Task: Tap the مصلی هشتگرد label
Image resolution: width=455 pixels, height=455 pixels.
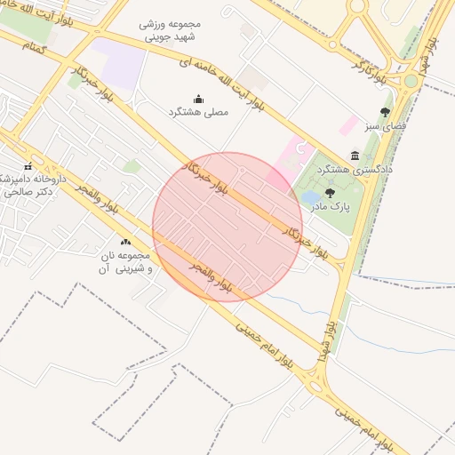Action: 198,113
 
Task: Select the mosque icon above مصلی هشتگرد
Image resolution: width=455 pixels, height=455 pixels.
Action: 198,99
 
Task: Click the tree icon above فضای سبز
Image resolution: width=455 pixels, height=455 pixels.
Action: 385,112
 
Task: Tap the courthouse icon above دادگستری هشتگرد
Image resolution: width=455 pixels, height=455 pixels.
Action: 355,155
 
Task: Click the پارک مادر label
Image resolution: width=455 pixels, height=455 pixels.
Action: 330,206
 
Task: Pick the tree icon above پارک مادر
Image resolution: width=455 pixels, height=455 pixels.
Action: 330,192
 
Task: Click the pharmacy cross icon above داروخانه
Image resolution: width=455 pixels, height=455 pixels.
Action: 28,166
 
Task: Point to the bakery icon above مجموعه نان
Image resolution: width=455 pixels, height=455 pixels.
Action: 125,242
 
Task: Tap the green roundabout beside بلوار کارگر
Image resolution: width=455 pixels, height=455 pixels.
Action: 411,81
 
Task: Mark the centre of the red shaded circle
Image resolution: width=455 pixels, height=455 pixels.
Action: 227,227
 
